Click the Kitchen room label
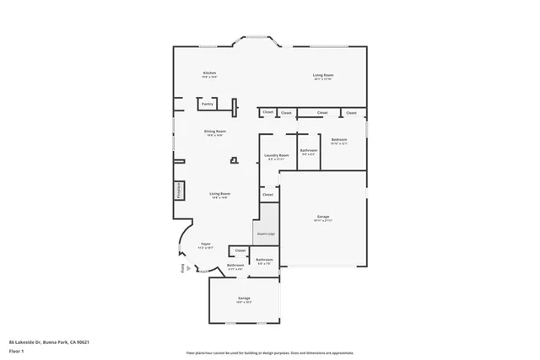pyautogui.click(x=209, y=73)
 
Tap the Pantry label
pyautogui.click(x=207, y=104)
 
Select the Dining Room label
pyautogui.click(x=214, y=132)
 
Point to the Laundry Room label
pyautogui.click(x=276, y=155)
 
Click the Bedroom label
pyautogui.click(x=339, y=140)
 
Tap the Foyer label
pyautogui.click(x=205, y=246)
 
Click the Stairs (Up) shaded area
pyautogui.click(x=266, y=234)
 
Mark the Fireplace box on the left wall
pyautogui.click(x=179, y=191)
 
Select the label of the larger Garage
pyautogui.click(x=323, y=218)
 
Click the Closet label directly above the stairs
pyautogui.click(x=267, y=195)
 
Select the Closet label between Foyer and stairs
pyautogui.click(x=240, y=250)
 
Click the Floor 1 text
pyautogui.click(x=16, y=351)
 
